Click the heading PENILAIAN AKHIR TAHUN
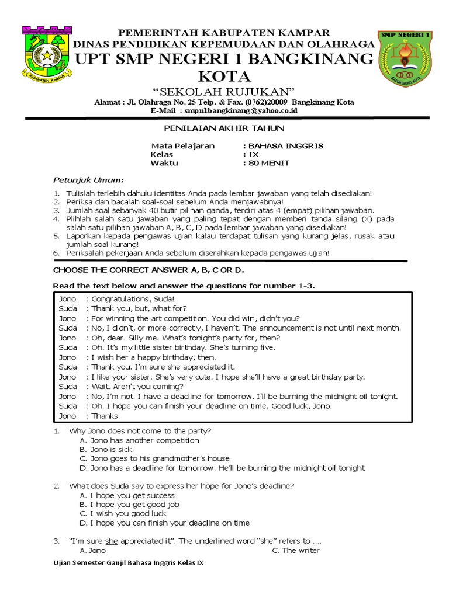pos(224,128)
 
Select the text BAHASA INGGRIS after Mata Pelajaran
pos(286,145)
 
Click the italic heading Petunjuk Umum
pos(88,179)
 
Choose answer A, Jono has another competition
pos(139,440)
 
